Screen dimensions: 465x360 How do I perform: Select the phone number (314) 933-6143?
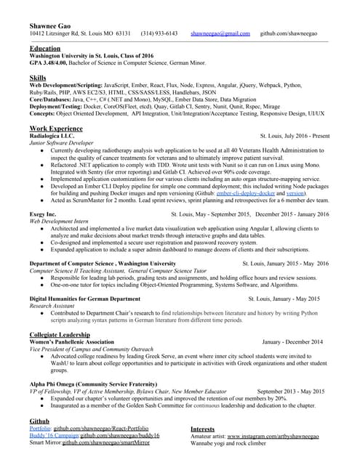(159, 34)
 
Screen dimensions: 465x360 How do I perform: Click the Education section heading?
(45, 48)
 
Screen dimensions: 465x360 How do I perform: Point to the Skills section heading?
(37, 77)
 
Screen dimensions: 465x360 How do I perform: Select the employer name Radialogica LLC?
(52, 136)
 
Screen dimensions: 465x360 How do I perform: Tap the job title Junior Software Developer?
(61, 144)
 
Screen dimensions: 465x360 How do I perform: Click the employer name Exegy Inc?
(43, 214)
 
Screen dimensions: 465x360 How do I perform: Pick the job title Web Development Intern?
(59, 222)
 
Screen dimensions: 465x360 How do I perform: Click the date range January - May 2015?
(294, 299)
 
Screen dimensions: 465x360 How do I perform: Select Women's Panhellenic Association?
(71, 341)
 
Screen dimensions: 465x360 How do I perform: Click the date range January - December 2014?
(295, 341)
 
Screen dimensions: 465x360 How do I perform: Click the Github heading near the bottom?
(39, 421)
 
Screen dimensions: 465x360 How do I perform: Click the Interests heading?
(202, 429)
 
